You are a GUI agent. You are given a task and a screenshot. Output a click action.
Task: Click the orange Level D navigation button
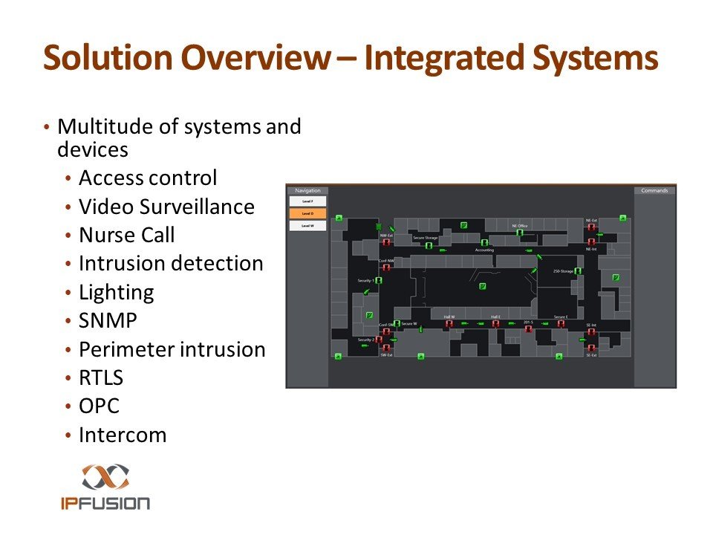[x=307, y=213]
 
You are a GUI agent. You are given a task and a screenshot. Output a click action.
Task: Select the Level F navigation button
[x=307, y=201]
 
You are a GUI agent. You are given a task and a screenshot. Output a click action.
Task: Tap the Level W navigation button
[x=307, y=226]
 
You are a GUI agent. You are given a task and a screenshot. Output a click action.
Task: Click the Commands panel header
[x=654, y=191]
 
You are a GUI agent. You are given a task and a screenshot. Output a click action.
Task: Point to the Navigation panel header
[x=307, y=191]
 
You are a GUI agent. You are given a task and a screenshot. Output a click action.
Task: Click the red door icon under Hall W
[x=449, y=324]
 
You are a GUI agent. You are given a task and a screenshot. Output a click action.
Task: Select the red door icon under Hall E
[x=495, y=324]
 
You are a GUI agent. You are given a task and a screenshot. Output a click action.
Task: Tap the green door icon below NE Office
[x=520, y=233]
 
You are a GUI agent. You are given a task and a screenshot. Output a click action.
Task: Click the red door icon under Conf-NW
[x=386, y=268]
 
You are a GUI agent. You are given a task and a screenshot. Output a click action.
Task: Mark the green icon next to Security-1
[x=379, y=281]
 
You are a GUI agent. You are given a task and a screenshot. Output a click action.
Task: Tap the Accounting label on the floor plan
[x=484, y=250]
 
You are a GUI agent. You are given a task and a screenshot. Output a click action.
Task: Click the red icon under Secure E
[x=561, y=324]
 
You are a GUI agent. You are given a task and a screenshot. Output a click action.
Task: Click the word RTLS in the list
[x=101, y=377]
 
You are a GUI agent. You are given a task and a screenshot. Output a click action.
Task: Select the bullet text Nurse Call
[x=126, y=236]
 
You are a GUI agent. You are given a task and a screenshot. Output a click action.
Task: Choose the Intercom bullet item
[x=123, y=435]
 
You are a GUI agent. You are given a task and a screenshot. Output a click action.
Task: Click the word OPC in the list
[x=99, y=406]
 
